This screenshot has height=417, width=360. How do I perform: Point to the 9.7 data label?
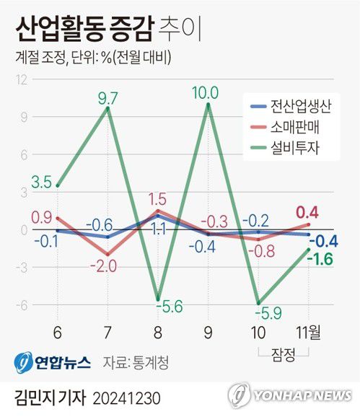point(107,95)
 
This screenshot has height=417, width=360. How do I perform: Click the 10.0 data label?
point(209,92)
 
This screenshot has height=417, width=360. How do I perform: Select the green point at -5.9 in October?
point(259,303)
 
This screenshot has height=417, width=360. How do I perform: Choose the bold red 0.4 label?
point(308,212)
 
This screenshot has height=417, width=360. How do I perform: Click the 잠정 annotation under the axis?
point(284,353)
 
